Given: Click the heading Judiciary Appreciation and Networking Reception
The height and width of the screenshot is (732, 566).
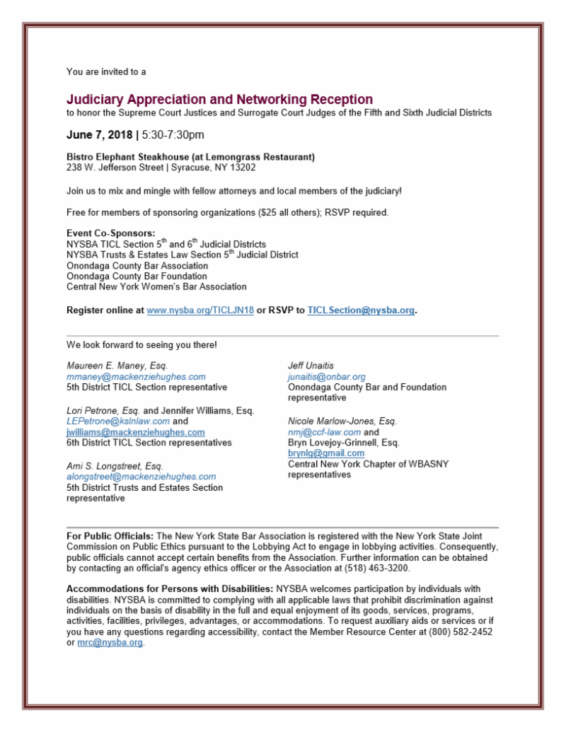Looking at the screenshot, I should click(x=219, y=100).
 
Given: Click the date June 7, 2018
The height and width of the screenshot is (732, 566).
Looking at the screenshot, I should click(x=99, y=134).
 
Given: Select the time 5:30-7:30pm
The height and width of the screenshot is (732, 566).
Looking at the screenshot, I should click(x=173, y=134).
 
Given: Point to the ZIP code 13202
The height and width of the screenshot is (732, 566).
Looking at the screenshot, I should click(x=242, y=168).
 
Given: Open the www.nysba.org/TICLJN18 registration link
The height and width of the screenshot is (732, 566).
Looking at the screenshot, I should click(x=200, y=310).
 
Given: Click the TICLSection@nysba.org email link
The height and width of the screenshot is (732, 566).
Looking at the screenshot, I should click(x=361, y=310).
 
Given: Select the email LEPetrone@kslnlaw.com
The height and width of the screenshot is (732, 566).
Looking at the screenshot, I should click(x=117, y=421).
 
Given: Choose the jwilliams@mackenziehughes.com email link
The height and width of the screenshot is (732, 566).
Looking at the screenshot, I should click(x=136, y=432).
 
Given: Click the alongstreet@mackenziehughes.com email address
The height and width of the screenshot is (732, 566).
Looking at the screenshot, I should click(x=141, y=477).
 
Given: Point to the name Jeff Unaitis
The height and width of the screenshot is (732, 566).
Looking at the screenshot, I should click(x=311, y=366).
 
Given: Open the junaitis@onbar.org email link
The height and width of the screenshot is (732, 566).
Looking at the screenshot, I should click(x=326, y=377).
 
